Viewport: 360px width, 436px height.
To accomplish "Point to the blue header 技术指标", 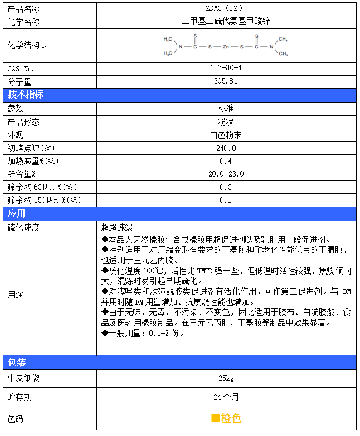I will coord(25,95).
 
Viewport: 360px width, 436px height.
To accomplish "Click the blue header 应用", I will coord(16,213).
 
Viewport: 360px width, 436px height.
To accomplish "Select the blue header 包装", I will coord(16,362).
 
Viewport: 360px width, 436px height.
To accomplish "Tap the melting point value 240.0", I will coord(226,148).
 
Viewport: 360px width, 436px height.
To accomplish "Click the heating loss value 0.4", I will coord(226,161).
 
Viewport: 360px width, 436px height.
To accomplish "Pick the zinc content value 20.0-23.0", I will coord(226,174).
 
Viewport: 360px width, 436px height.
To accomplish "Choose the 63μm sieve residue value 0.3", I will coord(226,187).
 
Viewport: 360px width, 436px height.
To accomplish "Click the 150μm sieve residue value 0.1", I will coord(226,200).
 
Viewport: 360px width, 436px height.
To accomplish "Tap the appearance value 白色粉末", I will coord(226,135).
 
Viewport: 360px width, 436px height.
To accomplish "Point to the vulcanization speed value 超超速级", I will coord(116,227).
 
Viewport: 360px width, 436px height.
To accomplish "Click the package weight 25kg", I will coord(226,379).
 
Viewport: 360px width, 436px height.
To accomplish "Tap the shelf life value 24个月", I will coord(226,397).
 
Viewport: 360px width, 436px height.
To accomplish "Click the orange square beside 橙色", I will coord(215,418).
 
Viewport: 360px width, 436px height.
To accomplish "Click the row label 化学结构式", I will coord(27,46).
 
